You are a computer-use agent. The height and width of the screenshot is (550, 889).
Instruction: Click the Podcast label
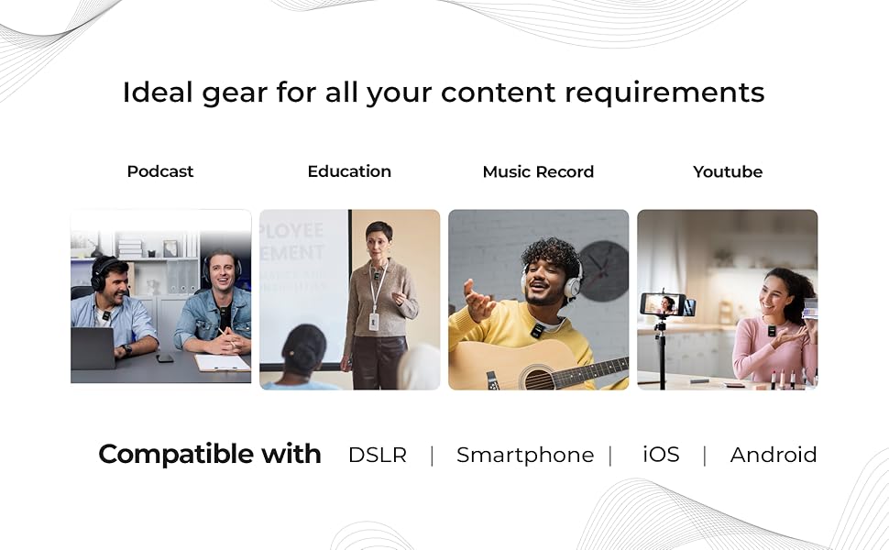tap(159, 171)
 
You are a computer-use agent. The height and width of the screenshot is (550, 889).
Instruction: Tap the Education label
tap(349, 171)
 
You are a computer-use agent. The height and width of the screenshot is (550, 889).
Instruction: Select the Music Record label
tap(538, 171)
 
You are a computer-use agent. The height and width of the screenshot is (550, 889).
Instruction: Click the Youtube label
tap(728, 171)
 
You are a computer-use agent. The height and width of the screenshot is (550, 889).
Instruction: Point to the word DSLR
tap(378, 455)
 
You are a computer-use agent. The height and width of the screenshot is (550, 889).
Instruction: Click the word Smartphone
tap(525, 455)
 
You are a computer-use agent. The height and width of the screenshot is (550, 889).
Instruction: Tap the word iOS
tap(661, 454)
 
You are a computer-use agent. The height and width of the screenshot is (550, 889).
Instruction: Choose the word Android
tap(774, 455)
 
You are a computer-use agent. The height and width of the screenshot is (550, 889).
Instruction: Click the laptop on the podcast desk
tap(93, 348)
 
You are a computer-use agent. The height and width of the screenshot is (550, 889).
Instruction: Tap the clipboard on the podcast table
tap(222, 362)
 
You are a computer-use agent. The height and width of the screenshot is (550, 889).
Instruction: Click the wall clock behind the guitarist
tap(604, 271)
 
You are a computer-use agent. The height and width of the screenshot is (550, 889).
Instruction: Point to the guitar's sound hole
tap(538, 378)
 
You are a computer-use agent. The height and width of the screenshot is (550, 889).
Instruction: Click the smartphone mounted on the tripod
tap(664, 304)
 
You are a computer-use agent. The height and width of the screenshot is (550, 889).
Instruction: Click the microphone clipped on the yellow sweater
tap(537, 331)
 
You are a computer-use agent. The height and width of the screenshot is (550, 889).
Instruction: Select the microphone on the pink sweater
tap(771, 331)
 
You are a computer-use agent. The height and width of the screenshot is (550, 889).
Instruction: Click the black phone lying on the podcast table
tap(164, 358)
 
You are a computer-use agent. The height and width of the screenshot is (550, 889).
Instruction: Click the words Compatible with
tap(210, 454)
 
